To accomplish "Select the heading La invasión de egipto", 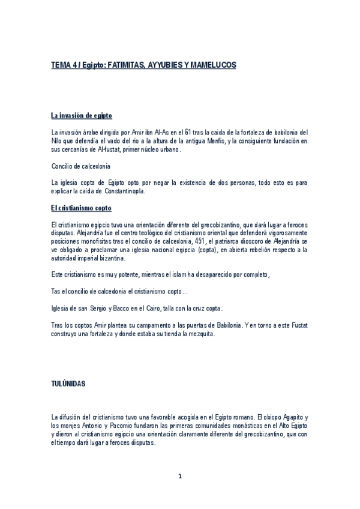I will tap(81, 115).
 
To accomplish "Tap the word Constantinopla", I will tap(124, 191).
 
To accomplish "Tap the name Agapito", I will tap(292, 416).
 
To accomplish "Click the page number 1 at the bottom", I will tap(179, 477).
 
